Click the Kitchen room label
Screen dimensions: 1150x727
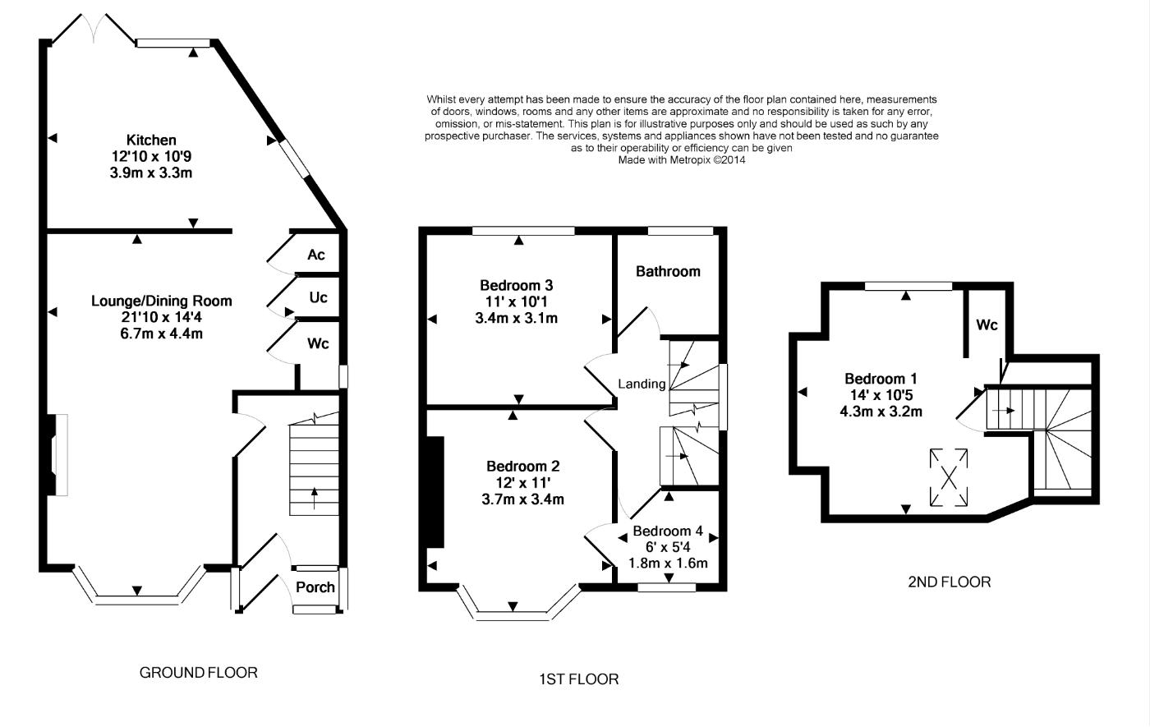click(151, 140)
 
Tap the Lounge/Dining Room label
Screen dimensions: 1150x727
click(162, 301)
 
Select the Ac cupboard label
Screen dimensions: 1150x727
click(315, 255)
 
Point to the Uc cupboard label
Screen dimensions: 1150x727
click(319, 297)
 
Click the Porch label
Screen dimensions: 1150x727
click(315, 587)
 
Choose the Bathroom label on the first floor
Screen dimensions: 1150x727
click(668, 271)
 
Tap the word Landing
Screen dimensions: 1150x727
click(642, 384)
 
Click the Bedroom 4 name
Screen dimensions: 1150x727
click(668, 531)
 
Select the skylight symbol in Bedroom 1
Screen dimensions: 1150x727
click(949, 477)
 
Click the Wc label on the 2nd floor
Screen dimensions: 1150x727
click(987, 324)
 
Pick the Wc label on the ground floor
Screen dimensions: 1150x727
click(318, 343)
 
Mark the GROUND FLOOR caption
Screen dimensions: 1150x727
click(199, 673)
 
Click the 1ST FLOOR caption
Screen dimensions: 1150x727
click(579, 679)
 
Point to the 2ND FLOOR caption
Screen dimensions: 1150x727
click(950, 582)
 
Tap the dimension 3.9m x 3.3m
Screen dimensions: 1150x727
click(151, 173)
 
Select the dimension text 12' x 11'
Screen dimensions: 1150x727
click(523, 483)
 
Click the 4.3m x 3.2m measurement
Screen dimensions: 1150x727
click(881, 412)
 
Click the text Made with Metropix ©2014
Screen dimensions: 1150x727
click(682, 159)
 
